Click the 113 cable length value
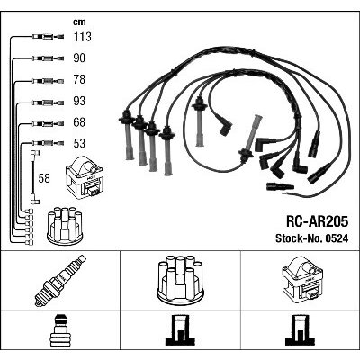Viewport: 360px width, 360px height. (82, 37)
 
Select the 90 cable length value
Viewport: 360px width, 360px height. (79, 58)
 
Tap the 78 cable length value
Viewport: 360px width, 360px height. (79, 79)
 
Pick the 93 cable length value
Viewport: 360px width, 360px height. (79, 101)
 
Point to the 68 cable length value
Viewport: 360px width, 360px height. (79, 122)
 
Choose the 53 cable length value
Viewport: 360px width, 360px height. (79, 143)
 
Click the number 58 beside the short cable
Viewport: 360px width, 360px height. (44, 178)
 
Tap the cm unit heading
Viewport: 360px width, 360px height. (79, 22)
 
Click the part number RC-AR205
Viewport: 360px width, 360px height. (317, 222)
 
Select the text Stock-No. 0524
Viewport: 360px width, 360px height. (312, 238)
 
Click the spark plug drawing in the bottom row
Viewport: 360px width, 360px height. (60, 281)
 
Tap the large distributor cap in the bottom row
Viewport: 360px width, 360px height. (180, 278)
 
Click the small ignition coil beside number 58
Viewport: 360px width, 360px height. (85, 177)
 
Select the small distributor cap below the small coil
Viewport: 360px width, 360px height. (65, 226)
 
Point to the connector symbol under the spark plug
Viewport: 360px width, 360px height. (61, 330)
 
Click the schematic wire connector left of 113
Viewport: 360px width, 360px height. (48, 37)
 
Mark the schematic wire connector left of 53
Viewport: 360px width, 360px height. (48, 143)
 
